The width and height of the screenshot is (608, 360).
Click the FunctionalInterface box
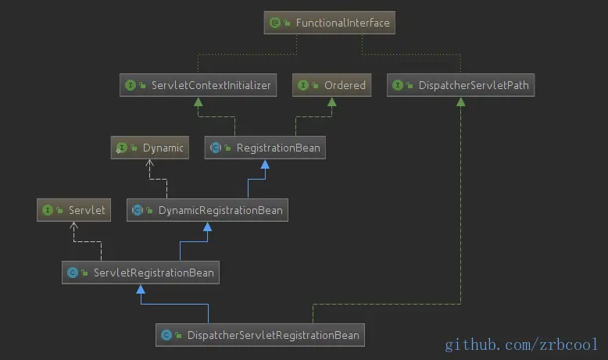click(x=330, y=23)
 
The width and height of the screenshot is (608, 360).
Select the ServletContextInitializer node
click(x=198, y=85)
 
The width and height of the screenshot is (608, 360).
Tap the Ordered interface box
click(x=331, y=85)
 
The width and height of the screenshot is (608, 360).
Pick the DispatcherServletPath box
click(x=460, y=85)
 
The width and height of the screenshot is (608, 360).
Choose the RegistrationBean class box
click(x=265, y=147)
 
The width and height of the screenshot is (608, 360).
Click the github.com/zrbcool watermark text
click(x=521, y=344)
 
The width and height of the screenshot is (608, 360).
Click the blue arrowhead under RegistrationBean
click(x=266, y=164)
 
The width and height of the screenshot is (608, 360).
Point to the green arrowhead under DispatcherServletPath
click(x=460, y=102)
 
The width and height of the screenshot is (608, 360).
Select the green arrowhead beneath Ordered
click(x=331, y=102)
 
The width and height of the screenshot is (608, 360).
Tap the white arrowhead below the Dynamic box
click(x=150, y=164)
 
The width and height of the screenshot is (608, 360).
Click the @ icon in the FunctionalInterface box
click(x=275, y=23)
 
